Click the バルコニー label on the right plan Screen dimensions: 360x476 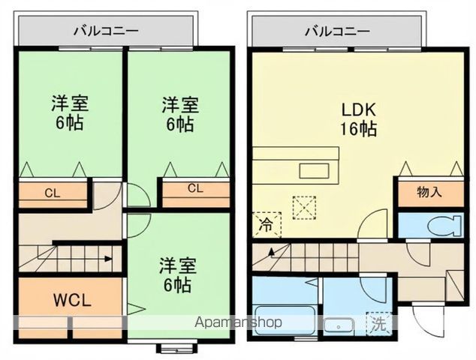pyautogui.click(x=337, y=31)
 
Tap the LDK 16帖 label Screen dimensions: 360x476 pyautogui.click(x=358, y=118)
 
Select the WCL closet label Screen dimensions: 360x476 pyautogui.click(x=71, y=301)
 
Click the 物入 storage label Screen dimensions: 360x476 pyautogui.click(x=429, y=192)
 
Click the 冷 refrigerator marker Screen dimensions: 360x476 pyautogui.click(x=267, y=223)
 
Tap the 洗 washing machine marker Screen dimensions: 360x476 pyautogui.click(x=378, y=325)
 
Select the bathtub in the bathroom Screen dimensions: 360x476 pyautogui.click(x=284, y=322)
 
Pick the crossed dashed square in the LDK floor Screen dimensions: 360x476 pyautogui.click(x=305, y=208)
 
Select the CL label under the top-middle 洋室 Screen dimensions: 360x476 pyautogui.click(x=195, y=187)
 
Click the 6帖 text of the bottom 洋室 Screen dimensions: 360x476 pyautogui.click(x=177, y=285)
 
